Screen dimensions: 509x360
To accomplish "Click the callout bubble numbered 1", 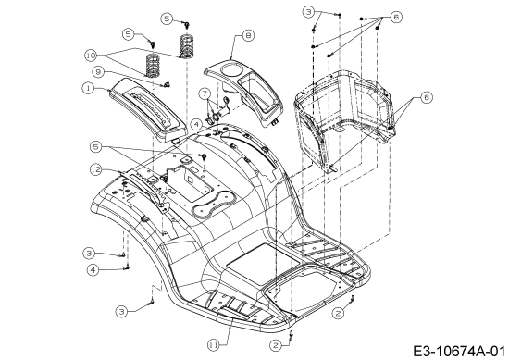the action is point(88,88).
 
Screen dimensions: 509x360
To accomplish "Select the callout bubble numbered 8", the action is point(248,36).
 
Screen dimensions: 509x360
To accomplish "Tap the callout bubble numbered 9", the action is point(97,72).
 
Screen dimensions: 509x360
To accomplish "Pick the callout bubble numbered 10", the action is point(92,56).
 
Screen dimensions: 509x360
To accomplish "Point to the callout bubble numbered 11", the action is point(214,345).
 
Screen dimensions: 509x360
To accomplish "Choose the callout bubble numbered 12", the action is point(96,169).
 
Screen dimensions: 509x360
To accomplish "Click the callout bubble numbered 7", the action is point(205,93).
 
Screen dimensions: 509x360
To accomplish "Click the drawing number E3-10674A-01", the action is point(459,352).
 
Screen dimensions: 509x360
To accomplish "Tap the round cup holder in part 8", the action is point(230,69).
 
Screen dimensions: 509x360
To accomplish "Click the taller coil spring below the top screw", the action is point(186,45).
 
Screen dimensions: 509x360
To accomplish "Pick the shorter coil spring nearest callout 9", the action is point(154,66).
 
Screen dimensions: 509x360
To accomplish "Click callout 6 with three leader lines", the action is point(396,17).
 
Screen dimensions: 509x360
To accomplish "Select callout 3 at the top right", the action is point(308,12).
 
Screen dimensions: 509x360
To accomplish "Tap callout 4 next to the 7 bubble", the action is point(196,124).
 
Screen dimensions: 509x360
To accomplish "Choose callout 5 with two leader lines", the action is point(95,147).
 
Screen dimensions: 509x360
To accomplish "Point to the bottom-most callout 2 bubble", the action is point(275,345).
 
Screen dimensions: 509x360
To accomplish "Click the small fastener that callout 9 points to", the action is point(167,85).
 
